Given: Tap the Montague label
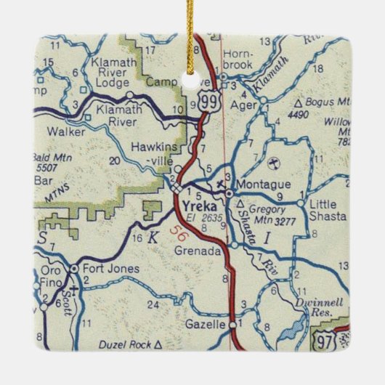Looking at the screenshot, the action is point(260,185).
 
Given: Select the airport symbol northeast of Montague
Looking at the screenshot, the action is point(274,161).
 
